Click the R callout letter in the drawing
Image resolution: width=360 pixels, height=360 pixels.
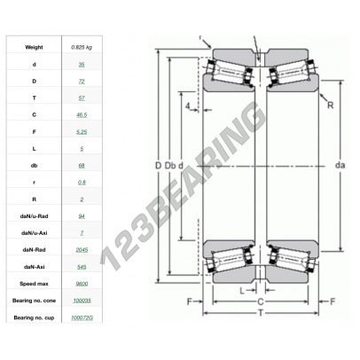(x=328, y=106)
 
